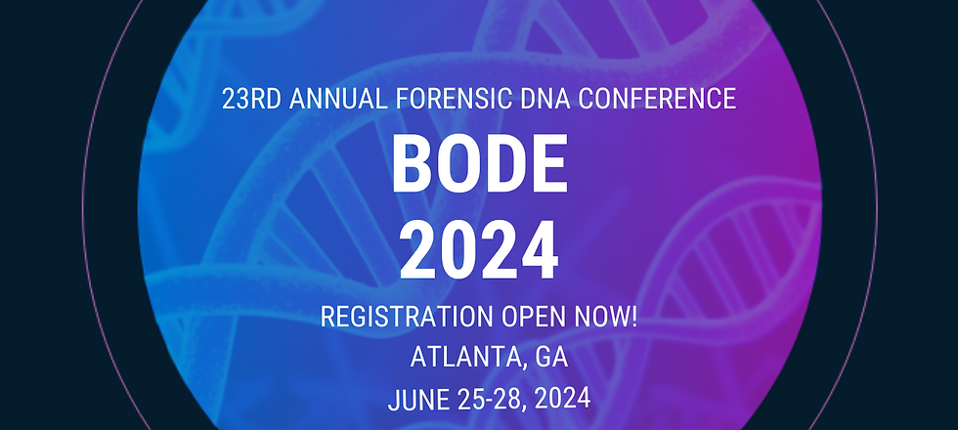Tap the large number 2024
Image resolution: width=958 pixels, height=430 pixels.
coord(479,250)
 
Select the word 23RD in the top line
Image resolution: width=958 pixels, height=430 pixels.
coord(250,99)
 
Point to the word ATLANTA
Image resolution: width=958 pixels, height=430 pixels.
coord(463,359)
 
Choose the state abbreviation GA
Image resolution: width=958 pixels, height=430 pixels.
coord(551,359)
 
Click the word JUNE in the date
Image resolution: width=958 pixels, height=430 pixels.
coord(415,400)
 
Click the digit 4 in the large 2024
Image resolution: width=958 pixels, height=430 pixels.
coord(539,250)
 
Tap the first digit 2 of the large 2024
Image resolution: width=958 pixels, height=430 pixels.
coord(417,250)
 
